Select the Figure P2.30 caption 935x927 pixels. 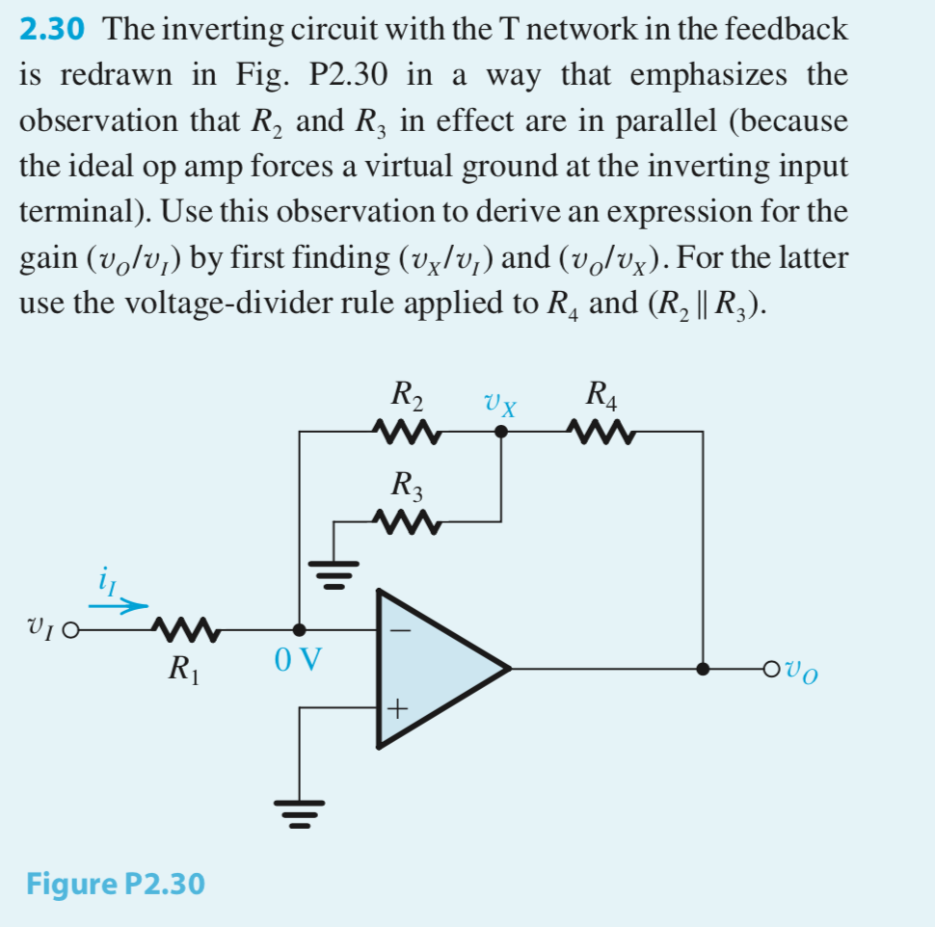(115, 883)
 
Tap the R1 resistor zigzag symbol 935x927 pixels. (187, 631)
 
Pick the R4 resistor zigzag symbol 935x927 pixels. (602, 432)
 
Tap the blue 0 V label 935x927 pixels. (298, 662)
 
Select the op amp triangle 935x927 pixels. (434, 667)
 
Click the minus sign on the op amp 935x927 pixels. (399, 631)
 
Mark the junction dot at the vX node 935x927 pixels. (499, 433)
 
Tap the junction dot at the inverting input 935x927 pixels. (300, 630)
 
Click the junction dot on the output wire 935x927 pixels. (704, 668)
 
